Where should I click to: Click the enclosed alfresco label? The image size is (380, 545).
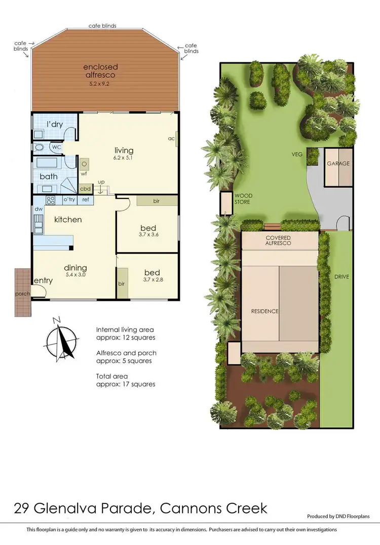(x=101, y=71)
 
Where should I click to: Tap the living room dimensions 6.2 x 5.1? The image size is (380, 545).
(x=124, y=158)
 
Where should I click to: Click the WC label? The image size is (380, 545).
(x=57, y=147)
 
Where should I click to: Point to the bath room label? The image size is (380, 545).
(x=49, y=177)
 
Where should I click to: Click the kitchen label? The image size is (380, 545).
(x=68, y=220)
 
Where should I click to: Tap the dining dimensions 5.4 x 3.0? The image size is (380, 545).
(x=75, y=276)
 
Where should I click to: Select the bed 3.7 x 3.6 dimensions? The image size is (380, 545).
(x=148, y=235)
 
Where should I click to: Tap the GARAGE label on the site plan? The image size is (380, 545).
(x=338, y=164)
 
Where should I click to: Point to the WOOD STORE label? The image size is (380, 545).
(x=243, y=198)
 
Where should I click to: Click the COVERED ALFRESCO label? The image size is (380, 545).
(x=279, y=241)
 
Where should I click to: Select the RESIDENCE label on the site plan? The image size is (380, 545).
(x=265, y=311)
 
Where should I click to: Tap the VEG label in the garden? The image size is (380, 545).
(x=296, y=154)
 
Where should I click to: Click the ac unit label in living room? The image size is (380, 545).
(x=172, y=138)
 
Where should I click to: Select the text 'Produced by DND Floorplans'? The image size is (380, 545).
(x=338, y=516)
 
